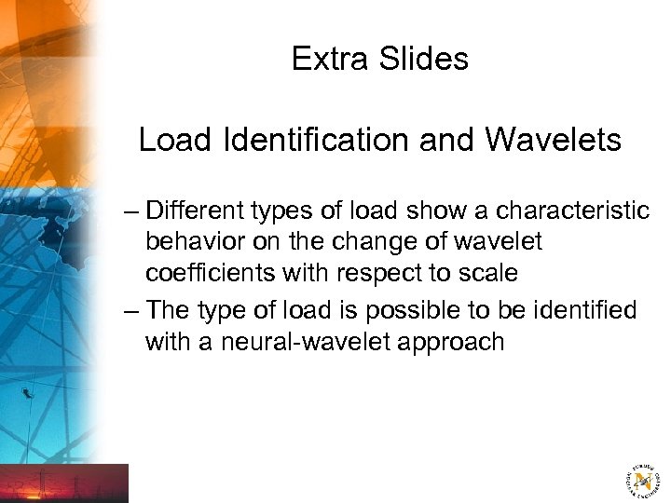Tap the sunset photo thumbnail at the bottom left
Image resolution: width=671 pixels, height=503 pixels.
64,483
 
